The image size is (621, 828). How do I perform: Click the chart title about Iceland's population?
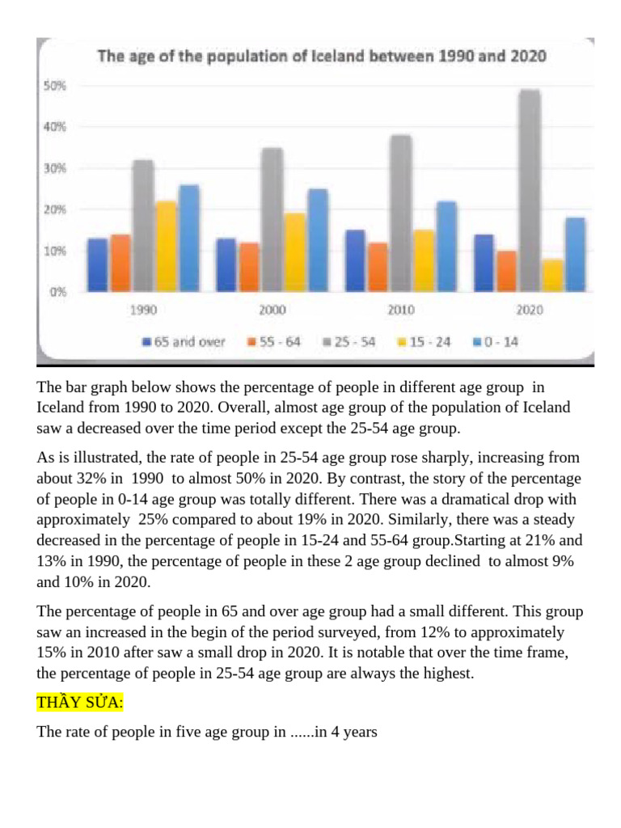[x=322, y=57]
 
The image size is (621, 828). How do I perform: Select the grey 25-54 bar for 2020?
[x=530, y=190]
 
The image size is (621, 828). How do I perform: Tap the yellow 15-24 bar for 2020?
[x=553, y=275]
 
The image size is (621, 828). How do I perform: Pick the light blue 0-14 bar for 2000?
[x=318, y=240]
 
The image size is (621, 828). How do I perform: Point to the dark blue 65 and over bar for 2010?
[x=355, y=260]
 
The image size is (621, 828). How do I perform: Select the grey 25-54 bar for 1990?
[x=143, y=226]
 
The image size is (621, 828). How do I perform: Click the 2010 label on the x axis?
[x=400, y=310]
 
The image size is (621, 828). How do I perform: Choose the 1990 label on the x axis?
[x=143, y=310]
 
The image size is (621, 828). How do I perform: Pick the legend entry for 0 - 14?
[x=496, y=342]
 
